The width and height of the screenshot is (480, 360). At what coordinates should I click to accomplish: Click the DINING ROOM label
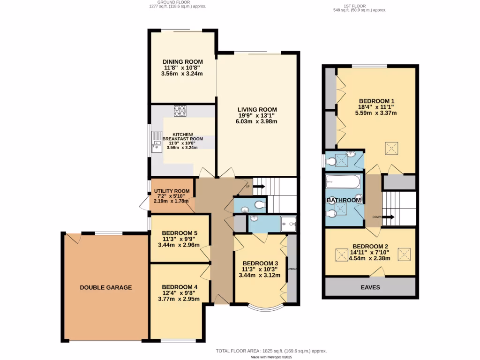pyautogui.click(x=182, y=62)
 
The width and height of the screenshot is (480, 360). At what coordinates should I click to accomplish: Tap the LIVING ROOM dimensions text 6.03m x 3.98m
pyautogui.click(x=256, y=121)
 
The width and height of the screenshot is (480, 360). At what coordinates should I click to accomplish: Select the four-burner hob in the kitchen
pyautogui.click(x=180, y=111)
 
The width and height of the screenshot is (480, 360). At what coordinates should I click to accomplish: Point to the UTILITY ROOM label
pyautogui.click(x=172, y=191)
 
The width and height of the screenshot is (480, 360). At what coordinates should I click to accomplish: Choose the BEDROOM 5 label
pyautogui.click(x=179, y=233)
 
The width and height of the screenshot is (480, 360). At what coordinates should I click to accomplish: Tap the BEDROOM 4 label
pyautogui.click(x=179, y=287)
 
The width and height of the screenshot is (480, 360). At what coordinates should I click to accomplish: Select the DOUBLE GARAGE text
pyautogui.click(x=105, y=287)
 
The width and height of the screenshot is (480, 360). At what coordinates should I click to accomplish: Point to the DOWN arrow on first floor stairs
pyautogui.click(x=389, y=217)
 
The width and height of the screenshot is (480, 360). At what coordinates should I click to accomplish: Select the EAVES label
pyautogui.click(x=370, y=287)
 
